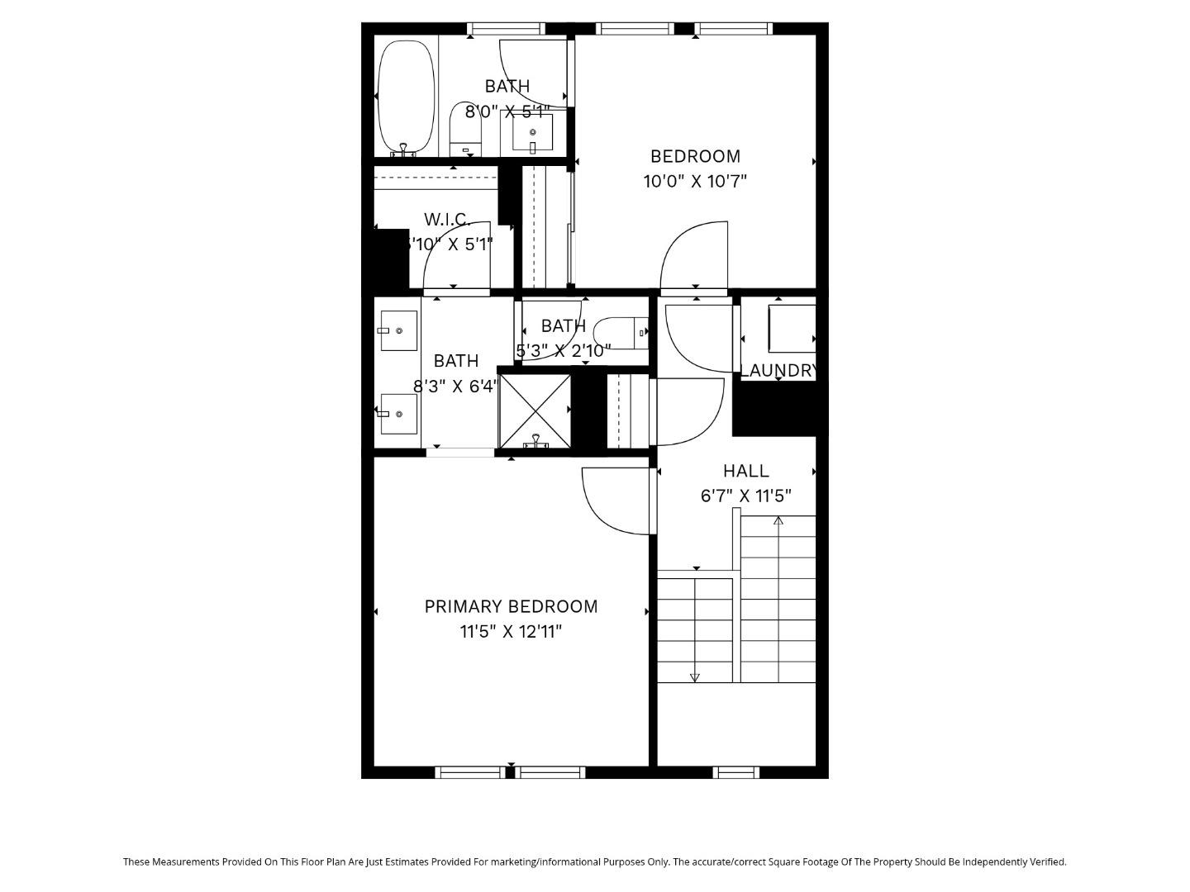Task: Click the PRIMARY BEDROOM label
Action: tap(511, 606)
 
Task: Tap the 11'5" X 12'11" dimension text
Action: tap(511, 632)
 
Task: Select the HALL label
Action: tap(745, 471)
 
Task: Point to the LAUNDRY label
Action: tap(778, 371)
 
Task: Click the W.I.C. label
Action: tap(447, 220)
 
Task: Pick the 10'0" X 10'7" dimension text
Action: tap(695, 181)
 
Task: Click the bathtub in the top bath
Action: tap(406, 97)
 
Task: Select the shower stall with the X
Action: tap(535, 410)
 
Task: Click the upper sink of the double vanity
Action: tap(398, 330)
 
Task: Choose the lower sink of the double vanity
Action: tap(398, 414)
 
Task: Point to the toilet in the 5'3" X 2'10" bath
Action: tap(621, 333)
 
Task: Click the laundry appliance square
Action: tap(791, 330)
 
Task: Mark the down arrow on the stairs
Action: tap(694, 677)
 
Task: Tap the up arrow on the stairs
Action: tap(778, 520)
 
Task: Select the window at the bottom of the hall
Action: tap(735, 772)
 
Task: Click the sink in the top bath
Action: tap(532, 132)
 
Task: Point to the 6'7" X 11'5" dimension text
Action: tap(745, 496)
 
